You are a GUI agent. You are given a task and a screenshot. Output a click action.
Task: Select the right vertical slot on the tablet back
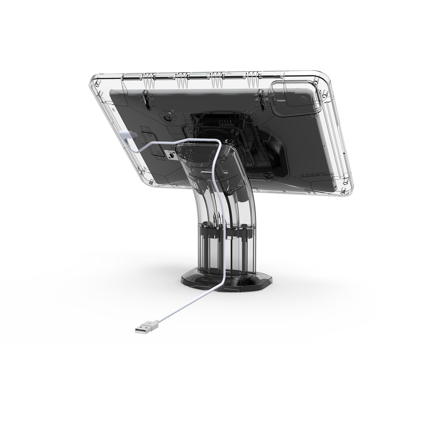(262, 98)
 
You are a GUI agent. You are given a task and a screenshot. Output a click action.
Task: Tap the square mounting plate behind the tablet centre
(223, 130)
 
